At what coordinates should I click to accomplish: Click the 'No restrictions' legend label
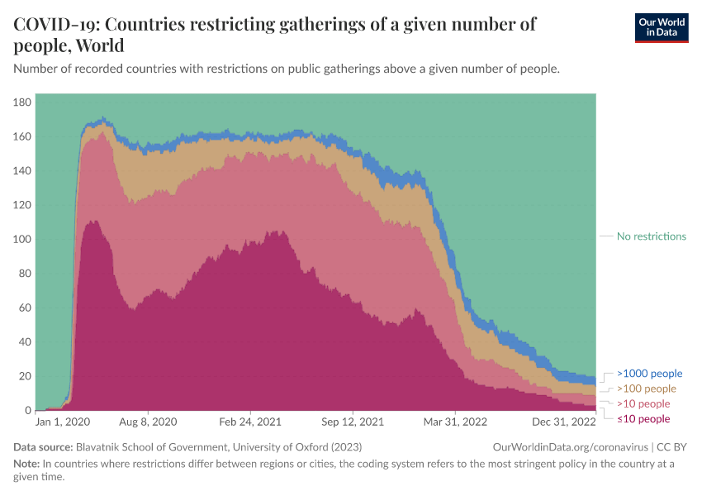pyautogui.click(x=651, y=236)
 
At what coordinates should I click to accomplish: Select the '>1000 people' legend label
pyautogui.click(x=649, y=374)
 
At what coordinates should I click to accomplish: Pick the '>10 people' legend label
pyautogui.click(x=643, y=404)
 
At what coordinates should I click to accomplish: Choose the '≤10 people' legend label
pyautogui.click(x=643, y=419)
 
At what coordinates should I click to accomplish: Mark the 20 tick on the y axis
pyautogui.click(x=26, y=376)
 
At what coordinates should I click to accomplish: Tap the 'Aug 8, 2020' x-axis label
pyautogui.click(x=148, y=422)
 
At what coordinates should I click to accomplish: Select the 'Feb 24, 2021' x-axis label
pyautogui.click(x=250, y=422)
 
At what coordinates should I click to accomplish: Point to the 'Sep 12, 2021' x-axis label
pyautogui.click(x=353, y=422)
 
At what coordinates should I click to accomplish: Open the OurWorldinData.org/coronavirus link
pyautogui.click(x=569, y=447)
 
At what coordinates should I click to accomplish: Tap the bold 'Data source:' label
pyautogui.click(x=43, y=447)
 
